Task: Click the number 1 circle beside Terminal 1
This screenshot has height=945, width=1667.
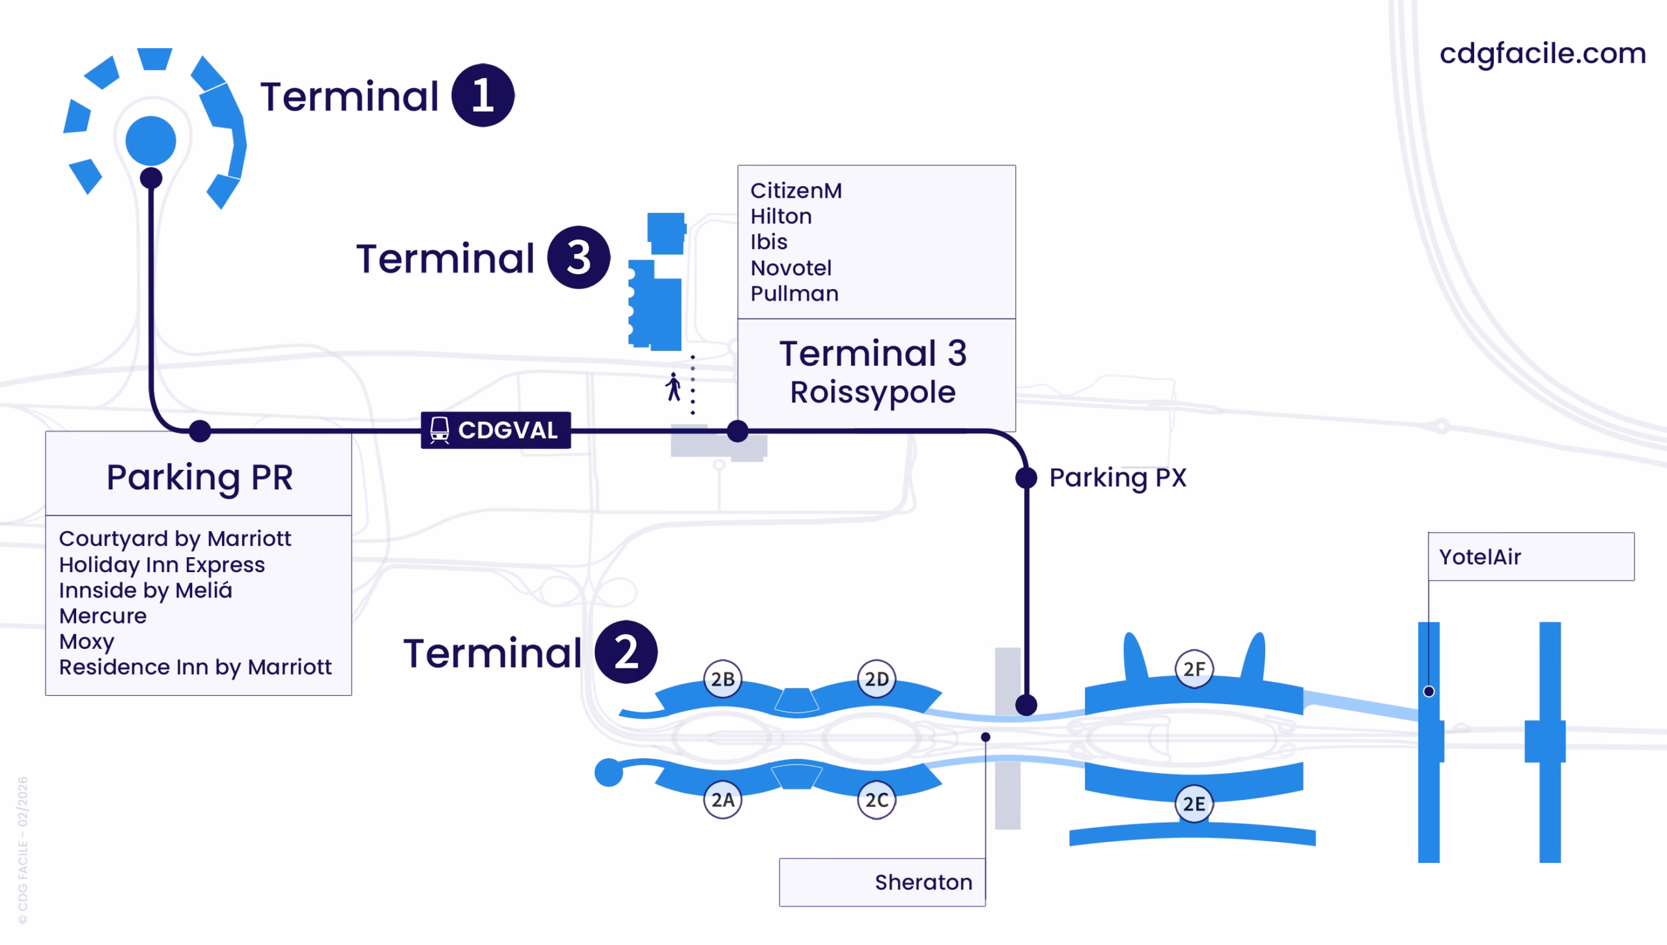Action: point(483,96)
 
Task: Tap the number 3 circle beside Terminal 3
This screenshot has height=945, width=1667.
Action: point(578,258)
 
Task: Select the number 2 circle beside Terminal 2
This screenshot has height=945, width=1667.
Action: point(626,652)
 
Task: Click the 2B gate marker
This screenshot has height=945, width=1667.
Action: point(723,679)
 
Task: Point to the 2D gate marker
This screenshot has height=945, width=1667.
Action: point(876,679)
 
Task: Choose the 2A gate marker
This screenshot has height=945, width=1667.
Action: point(723,799)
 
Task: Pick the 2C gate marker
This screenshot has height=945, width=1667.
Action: point(876,799)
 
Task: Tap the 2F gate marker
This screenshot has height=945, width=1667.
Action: point(1194,668)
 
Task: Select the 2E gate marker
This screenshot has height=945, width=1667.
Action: point(1194,804)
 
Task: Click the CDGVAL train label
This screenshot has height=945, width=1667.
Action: point(496,430)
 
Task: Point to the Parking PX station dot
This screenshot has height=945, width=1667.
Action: point(1026,478)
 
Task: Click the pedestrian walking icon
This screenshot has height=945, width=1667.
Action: point(673,387)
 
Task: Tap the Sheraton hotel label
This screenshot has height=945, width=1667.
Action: point(923,882)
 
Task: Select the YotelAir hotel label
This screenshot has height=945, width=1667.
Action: point(1479,557)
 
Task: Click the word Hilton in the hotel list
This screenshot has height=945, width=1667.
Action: point(781,216)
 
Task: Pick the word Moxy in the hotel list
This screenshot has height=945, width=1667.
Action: point(87,642)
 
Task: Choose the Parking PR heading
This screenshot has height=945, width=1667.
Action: point(199,477)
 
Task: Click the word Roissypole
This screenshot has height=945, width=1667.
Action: point(873,392)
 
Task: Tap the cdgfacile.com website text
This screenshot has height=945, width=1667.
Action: point(1543,53)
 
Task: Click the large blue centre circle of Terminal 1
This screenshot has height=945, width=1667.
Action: point(150,141)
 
